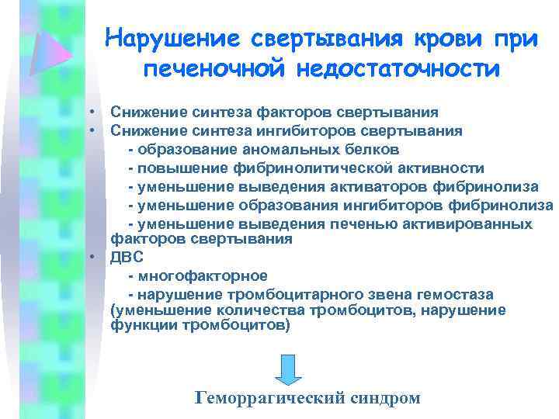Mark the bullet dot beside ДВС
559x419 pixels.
coord(92,257)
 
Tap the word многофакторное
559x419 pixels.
coord(203,275)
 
